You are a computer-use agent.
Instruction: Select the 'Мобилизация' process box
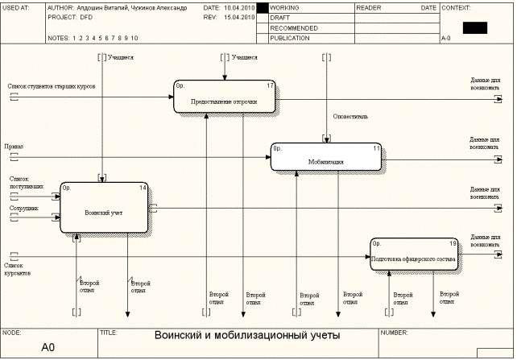coord(325,157)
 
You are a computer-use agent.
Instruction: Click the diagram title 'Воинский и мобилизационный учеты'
coord(247,335)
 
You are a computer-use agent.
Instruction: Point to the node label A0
coord(48,348)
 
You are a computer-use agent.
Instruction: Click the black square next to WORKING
coord(262,7)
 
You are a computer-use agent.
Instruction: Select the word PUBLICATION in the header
coord(291,38)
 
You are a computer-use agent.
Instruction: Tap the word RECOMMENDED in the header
coord(294,27)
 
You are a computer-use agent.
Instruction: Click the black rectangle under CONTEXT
coord(475,27)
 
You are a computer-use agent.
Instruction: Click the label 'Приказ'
coord(14,147)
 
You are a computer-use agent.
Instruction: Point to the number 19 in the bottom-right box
coord(453,243)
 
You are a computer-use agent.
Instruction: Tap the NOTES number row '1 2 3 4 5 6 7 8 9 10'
coord(105,38)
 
